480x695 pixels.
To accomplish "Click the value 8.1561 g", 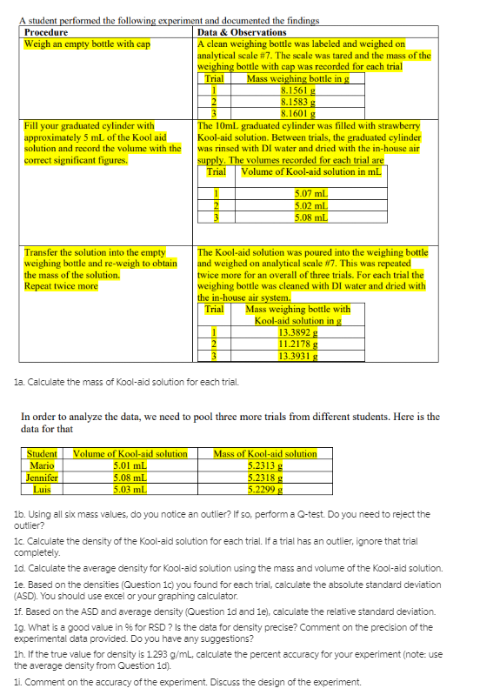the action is tap(298, 90).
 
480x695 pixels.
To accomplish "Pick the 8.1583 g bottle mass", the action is tap(298, 100).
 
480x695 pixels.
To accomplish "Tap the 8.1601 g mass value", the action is tap(298, 110).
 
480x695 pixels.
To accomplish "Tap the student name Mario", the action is tap(41, 464).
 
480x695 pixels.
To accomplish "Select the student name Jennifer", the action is tap(42, 476).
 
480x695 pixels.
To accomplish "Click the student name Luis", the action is tap(41, 487).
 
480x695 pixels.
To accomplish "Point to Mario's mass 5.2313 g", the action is tap(265, 464).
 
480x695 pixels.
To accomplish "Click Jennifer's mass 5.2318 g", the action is tap(265, 476).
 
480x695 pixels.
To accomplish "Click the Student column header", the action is tap(42, 453).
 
